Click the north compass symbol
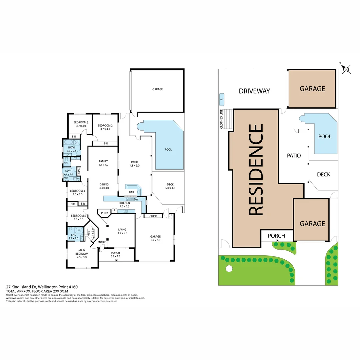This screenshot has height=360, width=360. (346, 69)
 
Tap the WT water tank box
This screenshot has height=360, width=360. (222, 99)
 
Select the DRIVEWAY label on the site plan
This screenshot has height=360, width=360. (254, 91)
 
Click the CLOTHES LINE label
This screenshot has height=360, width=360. (221, 119)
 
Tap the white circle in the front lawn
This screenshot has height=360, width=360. (229, 268)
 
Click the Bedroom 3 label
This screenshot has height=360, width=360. (81, 122)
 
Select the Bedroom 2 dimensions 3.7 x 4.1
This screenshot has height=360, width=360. (105, 129)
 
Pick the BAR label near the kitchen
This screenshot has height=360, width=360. (132, 192)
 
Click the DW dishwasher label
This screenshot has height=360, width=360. (136, 199)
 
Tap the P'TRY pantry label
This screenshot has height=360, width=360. (105, 213)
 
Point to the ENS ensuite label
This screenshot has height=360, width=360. (73, 235)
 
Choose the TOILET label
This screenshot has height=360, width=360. (67, 163)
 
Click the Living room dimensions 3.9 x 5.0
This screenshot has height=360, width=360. (122, 233)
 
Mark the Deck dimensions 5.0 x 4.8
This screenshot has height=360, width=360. (170, 188)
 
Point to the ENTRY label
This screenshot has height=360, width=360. (101, 242)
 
